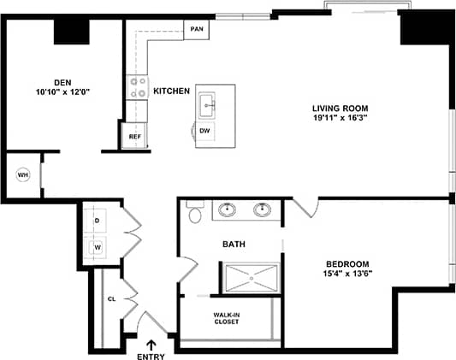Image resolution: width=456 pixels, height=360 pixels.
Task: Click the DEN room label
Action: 62,82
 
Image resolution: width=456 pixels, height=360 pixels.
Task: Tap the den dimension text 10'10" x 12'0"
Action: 62,91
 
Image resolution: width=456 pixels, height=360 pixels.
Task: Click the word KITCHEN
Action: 171,91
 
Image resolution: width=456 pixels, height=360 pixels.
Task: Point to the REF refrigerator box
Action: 134,136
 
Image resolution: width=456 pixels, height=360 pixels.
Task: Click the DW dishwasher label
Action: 204,131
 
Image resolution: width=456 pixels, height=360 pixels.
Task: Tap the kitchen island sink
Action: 205,106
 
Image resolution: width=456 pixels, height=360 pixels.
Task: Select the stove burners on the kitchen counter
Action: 137,87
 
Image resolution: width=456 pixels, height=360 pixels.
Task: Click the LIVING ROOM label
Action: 341,108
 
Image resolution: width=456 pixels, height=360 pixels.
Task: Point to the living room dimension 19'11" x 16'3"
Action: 341,118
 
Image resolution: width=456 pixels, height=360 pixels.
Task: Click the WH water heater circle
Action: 23,174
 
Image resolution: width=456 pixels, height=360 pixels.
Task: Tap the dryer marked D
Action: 97,220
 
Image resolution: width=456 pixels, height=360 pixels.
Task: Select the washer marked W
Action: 97,248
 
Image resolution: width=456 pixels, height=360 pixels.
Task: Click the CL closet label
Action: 111,299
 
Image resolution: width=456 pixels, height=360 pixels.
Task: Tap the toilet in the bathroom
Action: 194,213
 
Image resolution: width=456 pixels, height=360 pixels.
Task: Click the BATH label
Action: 234,245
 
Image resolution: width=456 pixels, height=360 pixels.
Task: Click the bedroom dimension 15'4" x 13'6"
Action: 347,274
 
